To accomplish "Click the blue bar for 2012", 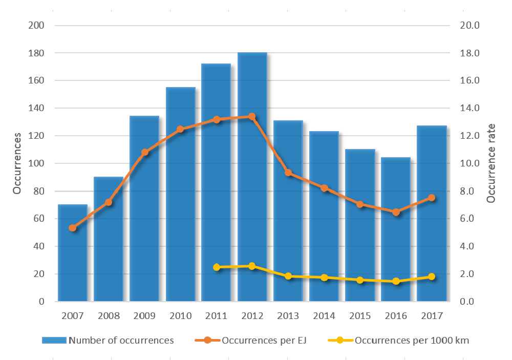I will (252, 205).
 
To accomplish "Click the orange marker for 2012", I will (252, 116).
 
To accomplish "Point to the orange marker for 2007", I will (73, 228).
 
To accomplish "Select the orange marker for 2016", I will (396, 212).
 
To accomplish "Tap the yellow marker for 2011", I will (217, 267).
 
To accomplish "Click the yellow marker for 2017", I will (432, 277).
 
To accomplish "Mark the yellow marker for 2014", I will (324, 278).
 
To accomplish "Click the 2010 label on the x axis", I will (180, 315).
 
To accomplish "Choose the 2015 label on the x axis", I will (360, 315).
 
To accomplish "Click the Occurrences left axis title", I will (17, 163).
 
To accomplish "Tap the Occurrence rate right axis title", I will (491, 163).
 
